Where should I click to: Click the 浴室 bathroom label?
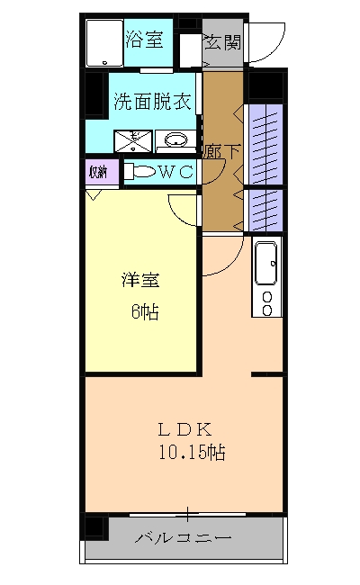[x=144, y=40]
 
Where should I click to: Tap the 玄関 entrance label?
[x=221, y=41]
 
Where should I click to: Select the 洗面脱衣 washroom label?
[x=151, y=102]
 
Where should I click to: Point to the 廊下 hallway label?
[x=223, y=150]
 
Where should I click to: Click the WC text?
[x=176, y=171]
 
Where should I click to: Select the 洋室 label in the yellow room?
[x=139, y=280]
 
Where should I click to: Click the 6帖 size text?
[x=144, y=312]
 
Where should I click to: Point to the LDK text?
[x=184, y=428]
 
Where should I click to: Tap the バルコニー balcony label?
[x=184, y=539]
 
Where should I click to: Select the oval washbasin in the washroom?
[x=177, y=139]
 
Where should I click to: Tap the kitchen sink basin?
[x=267, y=264]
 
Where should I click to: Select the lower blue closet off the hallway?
[x=266, y=209]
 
